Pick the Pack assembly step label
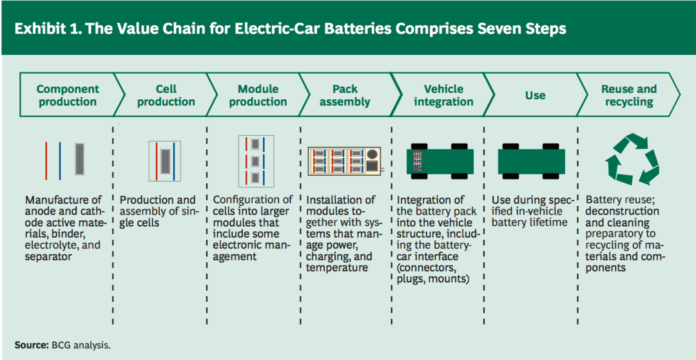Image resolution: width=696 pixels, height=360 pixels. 345,95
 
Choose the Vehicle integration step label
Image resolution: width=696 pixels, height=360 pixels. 443,95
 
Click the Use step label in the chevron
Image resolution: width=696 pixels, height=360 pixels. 535,96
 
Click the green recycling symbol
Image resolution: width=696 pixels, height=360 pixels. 632,161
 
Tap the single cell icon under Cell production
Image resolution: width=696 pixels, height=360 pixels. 165,162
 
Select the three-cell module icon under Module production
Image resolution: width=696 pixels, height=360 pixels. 256,161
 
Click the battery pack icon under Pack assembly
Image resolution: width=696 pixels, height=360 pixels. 344,161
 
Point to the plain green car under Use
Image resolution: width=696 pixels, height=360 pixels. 531,161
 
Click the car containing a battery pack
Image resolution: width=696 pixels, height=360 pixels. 440,161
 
